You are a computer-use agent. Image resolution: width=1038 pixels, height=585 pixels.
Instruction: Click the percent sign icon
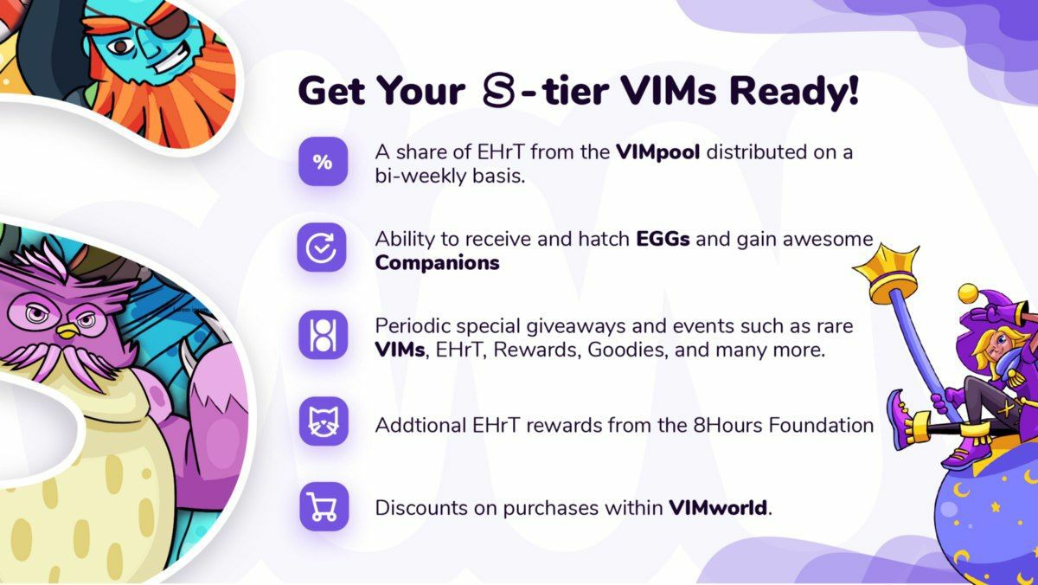pyautogui.click(x=323, y=161)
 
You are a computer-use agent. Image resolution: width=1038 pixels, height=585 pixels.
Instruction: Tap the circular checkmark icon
pyautogui.click(x=322, y=247)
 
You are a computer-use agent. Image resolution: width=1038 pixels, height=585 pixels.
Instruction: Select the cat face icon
pyautogui.click(x=324, y=421)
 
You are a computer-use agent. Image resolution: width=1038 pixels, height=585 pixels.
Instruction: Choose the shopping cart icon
pyautogui.click(x=324, y=506)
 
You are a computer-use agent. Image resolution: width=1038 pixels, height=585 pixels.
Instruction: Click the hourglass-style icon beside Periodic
pyautogui.click(x=323, y=335)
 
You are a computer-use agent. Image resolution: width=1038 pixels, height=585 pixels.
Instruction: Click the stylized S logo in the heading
pyautogui.click(x=498, y=90)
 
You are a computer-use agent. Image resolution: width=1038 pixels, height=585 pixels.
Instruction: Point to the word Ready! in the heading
pyautogui.click(x=794, y=93)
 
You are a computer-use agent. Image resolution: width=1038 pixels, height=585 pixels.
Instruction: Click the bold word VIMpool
pyautogui.click(x=657, y=152)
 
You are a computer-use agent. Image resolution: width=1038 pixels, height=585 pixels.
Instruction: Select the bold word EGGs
pyautogui.click(x=663, y=239)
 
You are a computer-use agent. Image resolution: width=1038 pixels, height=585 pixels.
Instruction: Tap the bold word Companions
pyautogui.click(x=437, y=263)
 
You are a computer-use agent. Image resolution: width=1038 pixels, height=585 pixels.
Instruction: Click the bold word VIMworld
pyautogui.click(x=718, y=508)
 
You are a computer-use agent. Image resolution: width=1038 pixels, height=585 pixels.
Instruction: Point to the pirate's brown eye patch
pyautogui.click(x=172, y=20)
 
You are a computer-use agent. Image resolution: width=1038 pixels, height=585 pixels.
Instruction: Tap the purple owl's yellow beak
pyautogui.click(x=68, y=331)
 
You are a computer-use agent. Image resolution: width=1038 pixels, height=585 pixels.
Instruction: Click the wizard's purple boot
pyautogui.click(x=902, y=420)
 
